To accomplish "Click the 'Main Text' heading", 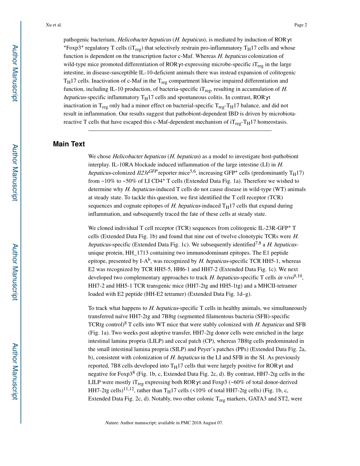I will pos(69,144).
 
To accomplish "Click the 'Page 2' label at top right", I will pos(300,25).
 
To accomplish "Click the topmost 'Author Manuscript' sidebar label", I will pos(15,73).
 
